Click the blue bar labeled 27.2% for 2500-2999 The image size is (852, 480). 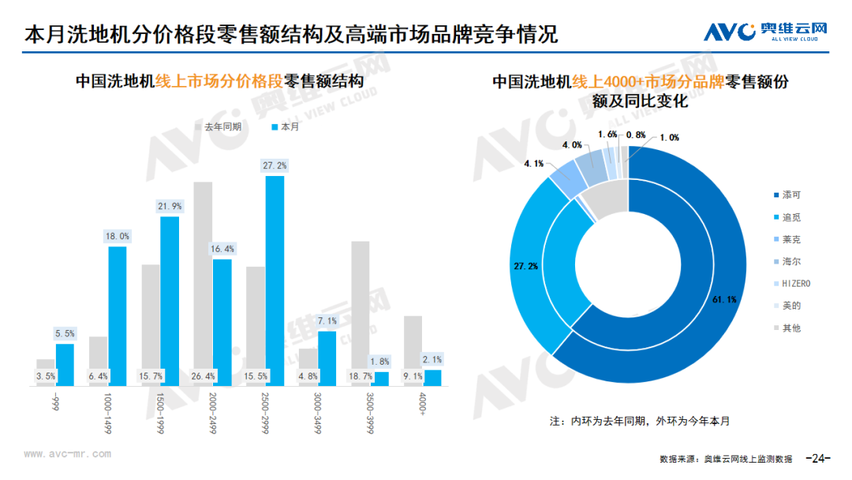coord(275,280)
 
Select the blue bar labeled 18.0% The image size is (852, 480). coord(118,316)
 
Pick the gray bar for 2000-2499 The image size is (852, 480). coord(203,283)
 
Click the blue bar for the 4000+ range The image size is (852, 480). coord(432,377)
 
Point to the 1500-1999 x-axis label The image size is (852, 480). coord(161,410)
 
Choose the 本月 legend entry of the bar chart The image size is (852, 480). coord(285,126)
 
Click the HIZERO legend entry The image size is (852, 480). coord(795,283)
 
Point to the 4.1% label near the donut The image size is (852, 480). coord(534,163)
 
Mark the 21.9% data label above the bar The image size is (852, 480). coord(170,206)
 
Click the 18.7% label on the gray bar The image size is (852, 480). coord(361,377)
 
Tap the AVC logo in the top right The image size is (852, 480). coord(765,32)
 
